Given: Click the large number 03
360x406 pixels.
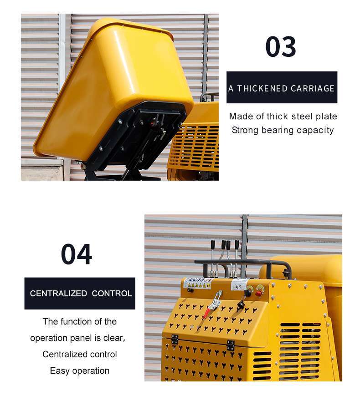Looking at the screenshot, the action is pyautogui.click(x=281, y=46).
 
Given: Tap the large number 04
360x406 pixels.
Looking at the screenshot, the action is pyautogui.click(x=77, y=254).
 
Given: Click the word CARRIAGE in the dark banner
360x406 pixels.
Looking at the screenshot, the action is pyautogui.click(x=312, y=89).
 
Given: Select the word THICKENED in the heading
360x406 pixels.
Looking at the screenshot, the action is pyautogui.click(x=262, y=89).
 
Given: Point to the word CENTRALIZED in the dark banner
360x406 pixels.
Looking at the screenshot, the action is pyautogui.click(x=58, y=294).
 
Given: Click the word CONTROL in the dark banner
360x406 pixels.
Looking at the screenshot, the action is pyautogui.click(x=112, y=294).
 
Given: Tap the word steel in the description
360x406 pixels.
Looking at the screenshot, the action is pyautogui.click(x=302, y=117).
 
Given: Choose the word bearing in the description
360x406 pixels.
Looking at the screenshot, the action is pyautogui.click(x=278, y=130).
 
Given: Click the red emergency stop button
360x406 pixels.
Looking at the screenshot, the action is pyautogui.click(x=258, y=294).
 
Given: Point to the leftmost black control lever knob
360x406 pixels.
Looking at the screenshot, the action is pyautogui.click(x=213, y=244).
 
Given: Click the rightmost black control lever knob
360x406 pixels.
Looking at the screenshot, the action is pyautogui.click(x=237, y=244).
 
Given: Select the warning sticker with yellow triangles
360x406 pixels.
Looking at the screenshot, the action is pyautogui.click(x=197, y=283).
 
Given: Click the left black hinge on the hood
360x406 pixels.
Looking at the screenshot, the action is pyautogui.click(x=175, y=339).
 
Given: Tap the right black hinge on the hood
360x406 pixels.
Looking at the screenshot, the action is pyautogui.click(x=231, y=345).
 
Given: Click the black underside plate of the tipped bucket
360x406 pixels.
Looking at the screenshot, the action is pyautogui.click(x=135, y=137).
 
